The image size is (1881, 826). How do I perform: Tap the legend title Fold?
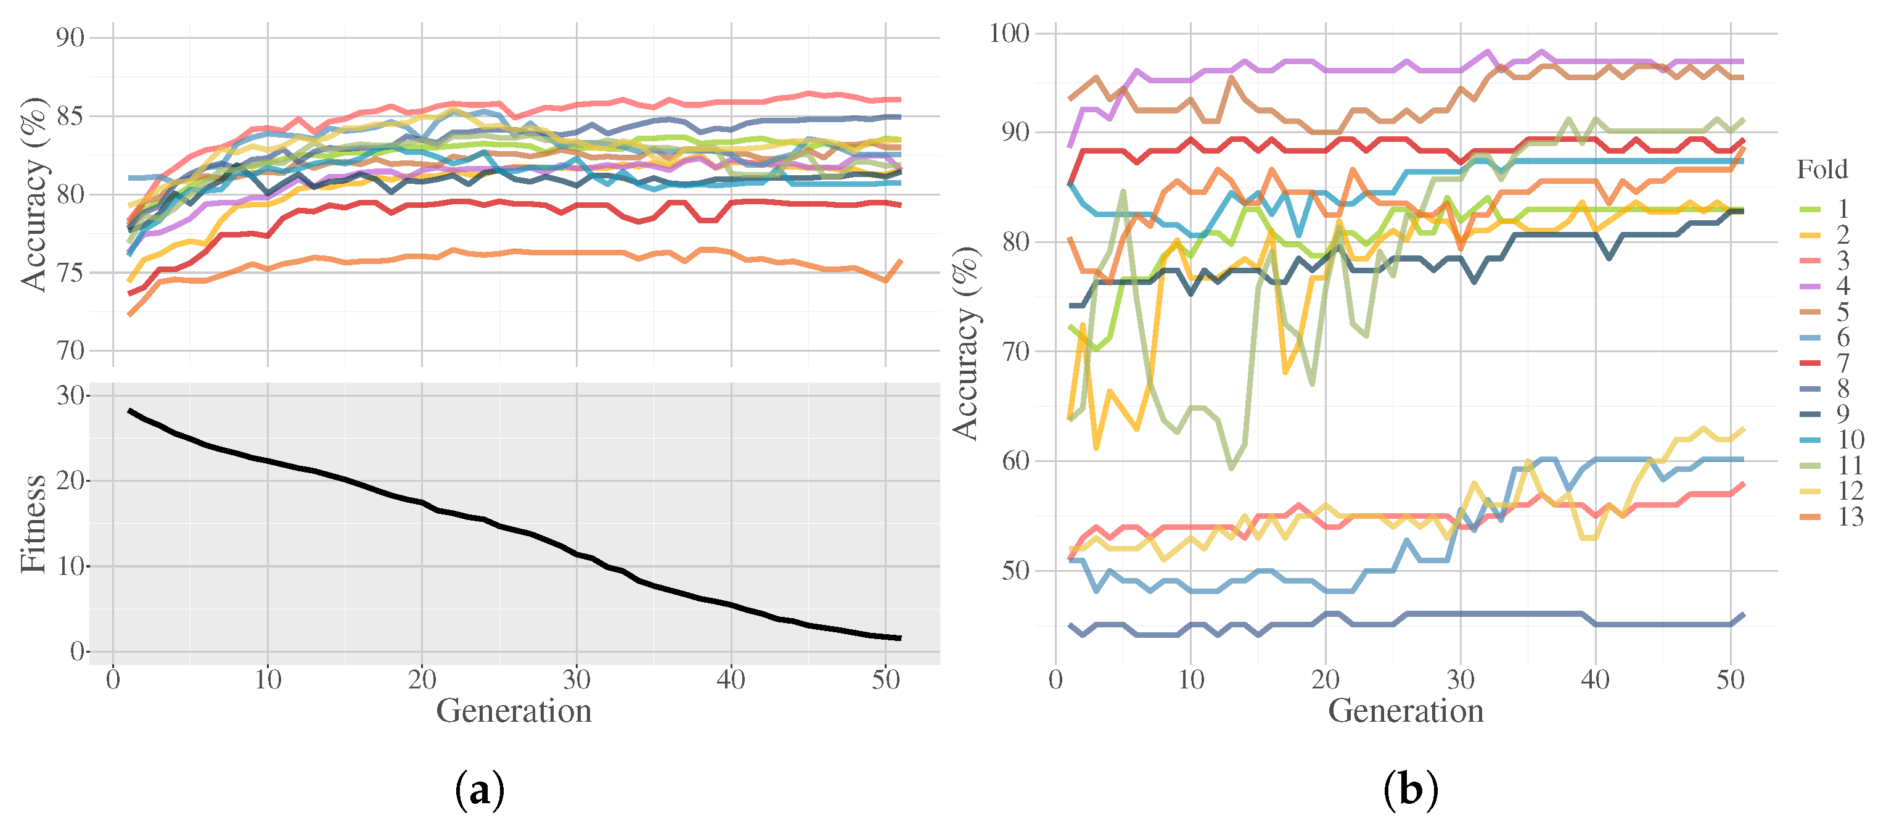1822,170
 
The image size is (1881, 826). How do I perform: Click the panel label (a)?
479,790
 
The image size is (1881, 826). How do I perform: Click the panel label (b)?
1410,790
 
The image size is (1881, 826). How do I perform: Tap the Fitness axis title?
33,524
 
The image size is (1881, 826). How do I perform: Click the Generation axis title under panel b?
1405,711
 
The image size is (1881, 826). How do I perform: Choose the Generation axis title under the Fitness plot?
514,711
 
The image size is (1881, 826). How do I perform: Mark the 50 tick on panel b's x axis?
1730,680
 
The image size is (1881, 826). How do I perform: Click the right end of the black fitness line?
900,638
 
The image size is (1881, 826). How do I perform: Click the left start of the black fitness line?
130,410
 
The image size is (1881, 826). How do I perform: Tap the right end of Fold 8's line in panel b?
1744,615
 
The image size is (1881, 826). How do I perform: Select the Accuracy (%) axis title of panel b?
965,343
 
